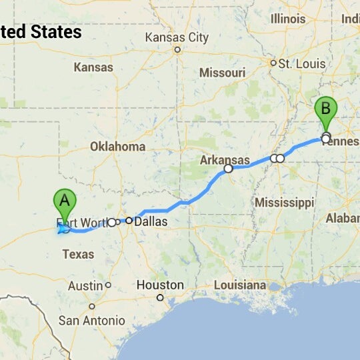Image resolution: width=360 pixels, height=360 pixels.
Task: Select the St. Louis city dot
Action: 273,63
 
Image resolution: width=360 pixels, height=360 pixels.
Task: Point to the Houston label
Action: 159,285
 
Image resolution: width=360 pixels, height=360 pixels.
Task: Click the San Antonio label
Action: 91,321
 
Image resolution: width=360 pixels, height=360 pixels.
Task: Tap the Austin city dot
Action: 108,285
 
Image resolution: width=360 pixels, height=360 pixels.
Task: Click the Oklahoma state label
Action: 117,146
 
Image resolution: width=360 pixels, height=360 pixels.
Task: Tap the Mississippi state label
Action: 283,201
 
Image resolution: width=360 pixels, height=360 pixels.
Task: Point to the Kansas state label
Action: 93,67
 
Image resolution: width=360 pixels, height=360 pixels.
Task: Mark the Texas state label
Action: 77,254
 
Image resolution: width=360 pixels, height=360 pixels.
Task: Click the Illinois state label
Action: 288,19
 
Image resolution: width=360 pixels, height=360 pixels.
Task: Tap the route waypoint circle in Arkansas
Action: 228,169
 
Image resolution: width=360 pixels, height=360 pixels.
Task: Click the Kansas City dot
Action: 177,49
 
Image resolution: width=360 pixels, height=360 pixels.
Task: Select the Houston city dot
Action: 160,297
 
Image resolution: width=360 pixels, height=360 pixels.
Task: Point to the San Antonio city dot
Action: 92,307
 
